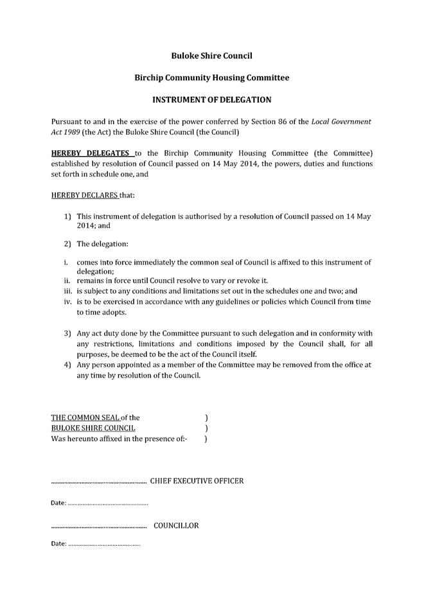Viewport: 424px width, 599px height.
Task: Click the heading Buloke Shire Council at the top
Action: (211, 56)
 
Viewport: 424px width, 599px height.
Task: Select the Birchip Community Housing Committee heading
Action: (211, 78)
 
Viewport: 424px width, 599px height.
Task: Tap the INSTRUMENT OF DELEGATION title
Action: (211, 100)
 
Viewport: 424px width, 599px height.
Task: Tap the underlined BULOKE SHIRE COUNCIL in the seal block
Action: (93, 428)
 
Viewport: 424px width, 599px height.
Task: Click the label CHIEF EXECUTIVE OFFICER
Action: (197, 481)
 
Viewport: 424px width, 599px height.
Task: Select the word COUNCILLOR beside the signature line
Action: (176, 526)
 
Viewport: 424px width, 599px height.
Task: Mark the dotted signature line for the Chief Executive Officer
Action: (98, 482)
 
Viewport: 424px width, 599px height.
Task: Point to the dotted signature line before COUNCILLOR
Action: (98, 527)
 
